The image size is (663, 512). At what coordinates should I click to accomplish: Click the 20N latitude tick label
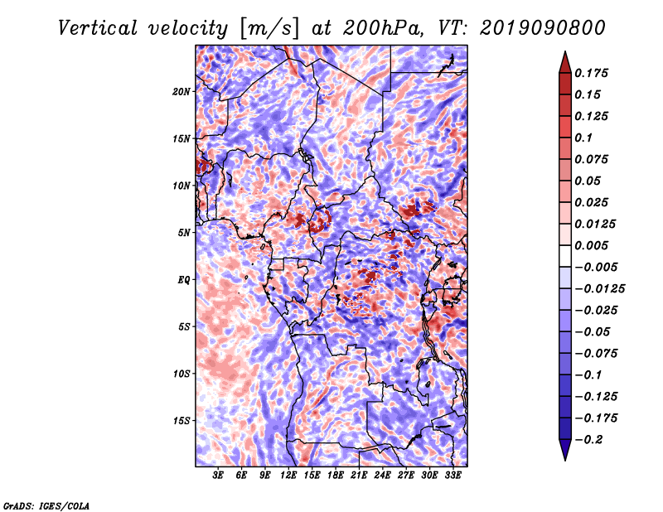181,91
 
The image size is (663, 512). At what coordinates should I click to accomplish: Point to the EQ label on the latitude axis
183,279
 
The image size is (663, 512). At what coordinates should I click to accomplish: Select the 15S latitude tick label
181,421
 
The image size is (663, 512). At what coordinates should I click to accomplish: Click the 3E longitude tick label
219,476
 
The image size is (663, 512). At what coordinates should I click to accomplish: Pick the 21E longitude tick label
359,476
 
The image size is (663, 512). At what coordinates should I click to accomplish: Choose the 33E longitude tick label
452,476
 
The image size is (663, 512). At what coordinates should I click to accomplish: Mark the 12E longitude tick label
288,476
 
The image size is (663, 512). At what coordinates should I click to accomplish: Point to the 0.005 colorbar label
593,245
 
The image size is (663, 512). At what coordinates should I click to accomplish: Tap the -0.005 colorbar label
596,267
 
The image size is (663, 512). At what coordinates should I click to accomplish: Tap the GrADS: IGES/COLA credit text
46,505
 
